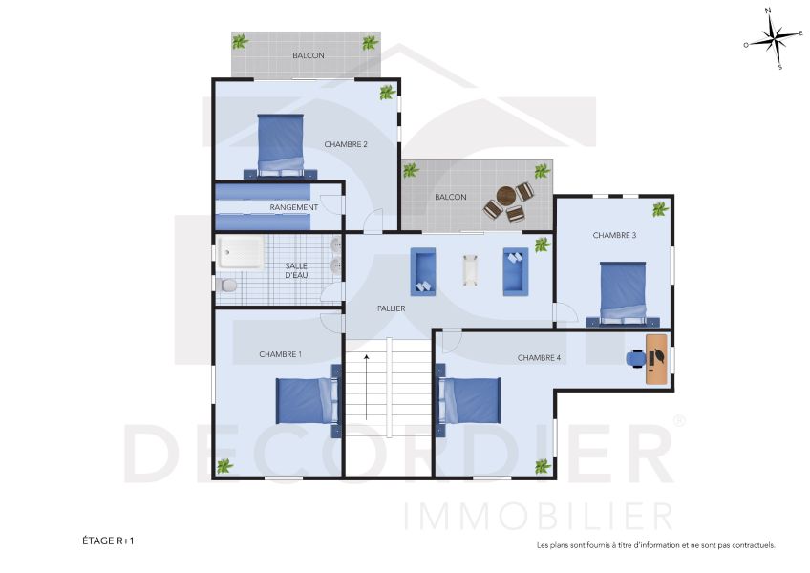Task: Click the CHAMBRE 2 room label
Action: click(345, 144)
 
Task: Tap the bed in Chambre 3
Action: click(622, 290)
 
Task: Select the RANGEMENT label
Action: click(293, 207)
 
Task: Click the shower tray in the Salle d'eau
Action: click(246, 253)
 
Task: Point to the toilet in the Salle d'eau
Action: click(226, 286)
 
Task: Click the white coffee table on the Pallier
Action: click(470, 270)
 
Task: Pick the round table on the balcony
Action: click(505, 196)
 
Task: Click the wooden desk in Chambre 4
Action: click(657, 358)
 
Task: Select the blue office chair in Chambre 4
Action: click(635, 358)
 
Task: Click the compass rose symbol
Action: click(773, 41)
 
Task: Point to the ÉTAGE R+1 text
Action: click(108, 541)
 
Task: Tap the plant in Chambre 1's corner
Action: click(224, 466)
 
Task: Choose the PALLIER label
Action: click(391, 308)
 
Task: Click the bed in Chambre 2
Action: click(281, 145)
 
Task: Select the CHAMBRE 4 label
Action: click(539, 358)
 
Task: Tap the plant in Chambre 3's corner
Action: click(660, 208)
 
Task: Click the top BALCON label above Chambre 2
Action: click(308, 55)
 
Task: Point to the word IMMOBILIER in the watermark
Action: click(540, 516)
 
